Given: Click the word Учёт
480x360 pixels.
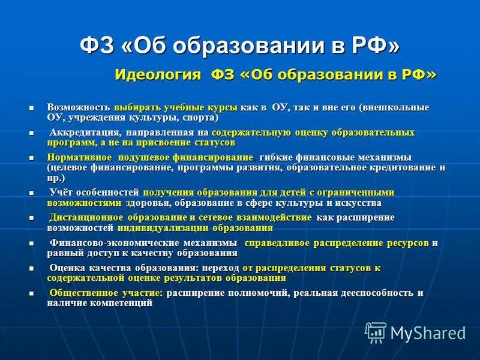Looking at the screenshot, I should (61, 193).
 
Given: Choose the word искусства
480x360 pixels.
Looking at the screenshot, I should (355, 203).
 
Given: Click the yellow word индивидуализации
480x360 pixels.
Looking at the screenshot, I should (163, 228).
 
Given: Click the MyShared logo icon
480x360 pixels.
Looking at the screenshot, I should (376, 331).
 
